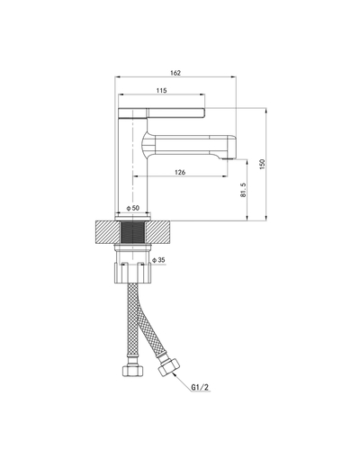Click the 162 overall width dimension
point(175,73)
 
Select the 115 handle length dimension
point(161,90)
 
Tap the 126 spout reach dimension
point(180,172)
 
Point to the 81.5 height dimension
point(243,190)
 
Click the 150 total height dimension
point(263,165)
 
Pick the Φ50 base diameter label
point(133,208)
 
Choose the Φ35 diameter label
point(158,260)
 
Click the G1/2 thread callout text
point(200,387)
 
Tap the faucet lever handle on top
point(162,112)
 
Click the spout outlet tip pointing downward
point(227,158)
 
